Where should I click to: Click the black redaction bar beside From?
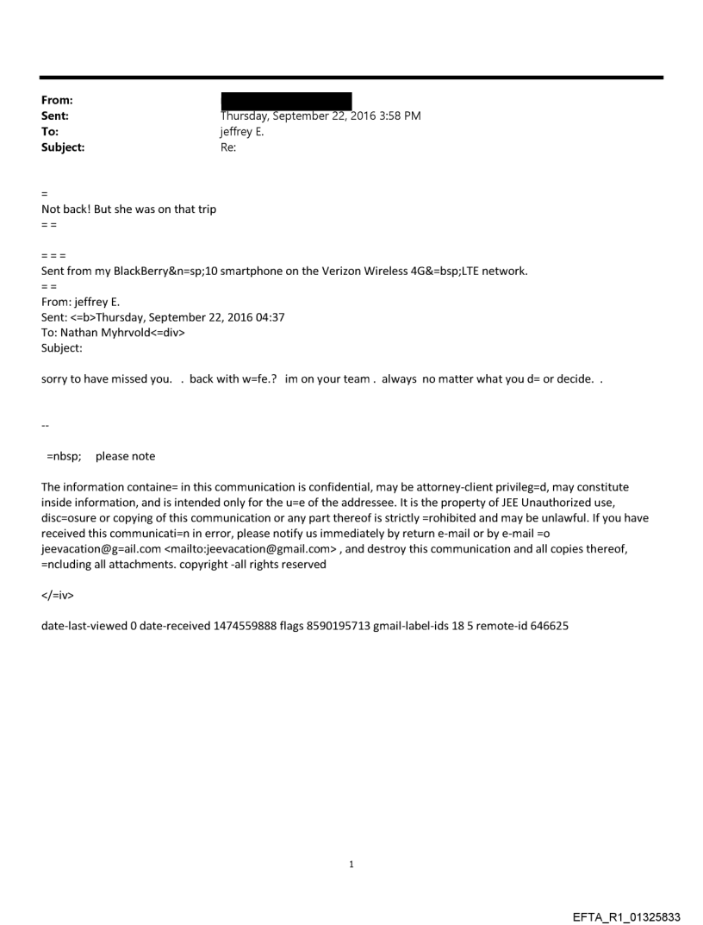pos(286,101)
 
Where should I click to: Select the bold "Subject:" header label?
pos(63,147)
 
